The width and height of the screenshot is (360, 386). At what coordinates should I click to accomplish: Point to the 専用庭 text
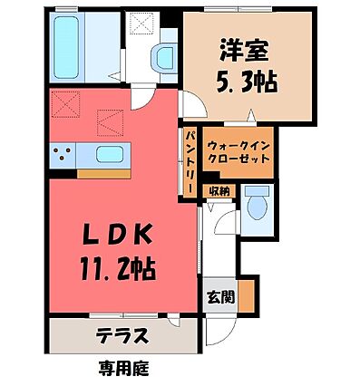click(x=123, y=369)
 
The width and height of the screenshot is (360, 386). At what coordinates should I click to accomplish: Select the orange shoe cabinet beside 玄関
click(x=244, y=295)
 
